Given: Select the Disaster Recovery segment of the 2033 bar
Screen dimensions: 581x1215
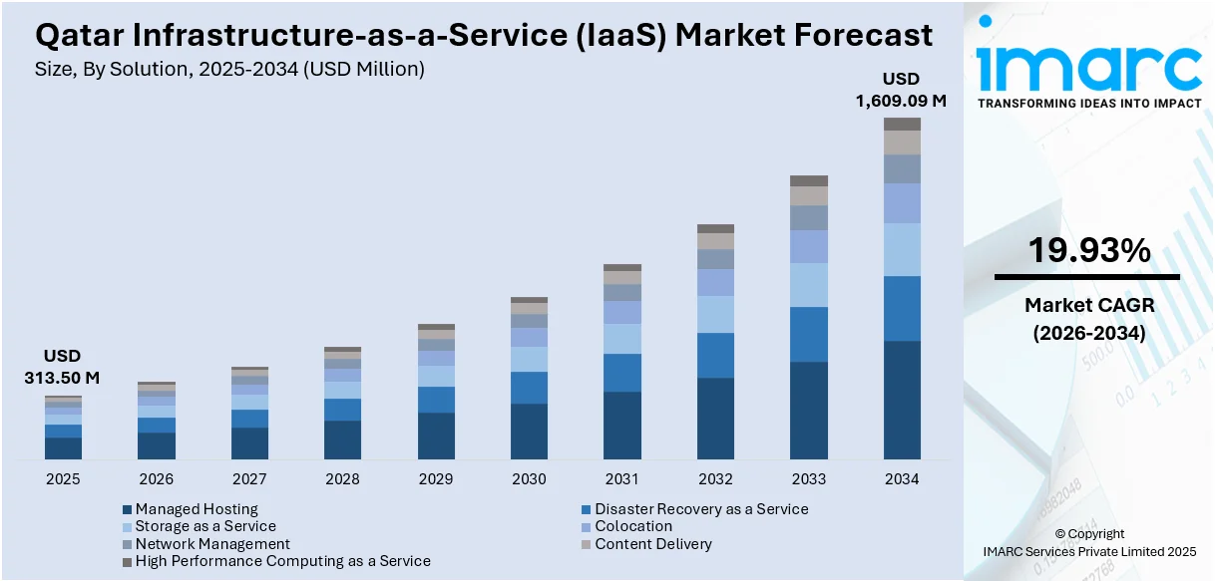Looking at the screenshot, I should tap(809, 334).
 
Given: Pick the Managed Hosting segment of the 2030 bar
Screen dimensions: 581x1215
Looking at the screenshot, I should tap(529, 431).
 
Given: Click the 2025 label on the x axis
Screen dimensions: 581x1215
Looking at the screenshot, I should tap(63, 479).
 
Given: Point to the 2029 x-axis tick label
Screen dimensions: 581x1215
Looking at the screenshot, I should tap(436, 479).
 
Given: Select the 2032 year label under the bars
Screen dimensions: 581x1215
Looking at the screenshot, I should tap(715, 479).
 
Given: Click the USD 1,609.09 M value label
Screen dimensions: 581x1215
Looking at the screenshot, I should tap(901, 90).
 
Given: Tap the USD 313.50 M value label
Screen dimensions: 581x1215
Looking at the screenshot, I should tap(62, 367).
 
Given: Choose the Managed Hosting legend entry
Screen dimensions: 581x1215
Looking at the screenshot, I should tap(196, 509).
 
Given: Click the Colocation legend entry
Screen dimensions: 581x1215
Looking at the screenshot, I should tap(632, 526).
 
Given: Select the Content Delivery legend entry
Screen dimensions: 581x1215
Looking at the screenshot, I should tap(652, 544).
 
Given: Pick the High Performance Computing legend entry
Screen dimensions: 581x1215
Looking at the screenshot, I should tap(282, 561).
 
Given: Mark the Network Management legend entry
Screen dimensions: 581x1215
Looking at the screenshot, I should tap(211, 544).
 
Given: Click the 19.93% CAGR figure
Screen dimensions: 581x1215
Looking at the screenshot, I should tap(1089, 251).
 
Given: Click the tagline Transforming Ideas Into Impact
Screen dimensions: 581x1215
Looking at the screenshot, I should tap(1089, 103).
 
